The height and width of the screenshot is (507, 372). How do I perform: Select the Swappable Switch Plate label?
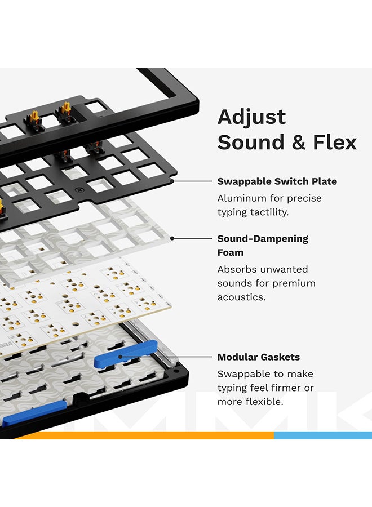[277, 181]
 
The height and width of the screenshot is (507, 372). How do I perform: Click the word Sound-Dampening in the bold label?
[263, 238]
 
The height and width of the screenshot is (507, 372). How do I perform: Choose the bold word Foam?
[230, 252]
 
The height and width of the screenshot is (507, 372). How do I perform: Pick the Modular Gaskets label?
[258, 357]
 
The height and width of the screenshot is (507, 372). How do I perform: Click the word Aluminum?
[242, 198]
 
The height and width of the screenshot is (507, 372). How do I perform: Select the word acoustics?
[241, 297]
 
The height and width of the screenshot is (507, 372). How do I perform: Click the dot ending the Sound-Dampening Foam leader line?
[172, 238]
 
